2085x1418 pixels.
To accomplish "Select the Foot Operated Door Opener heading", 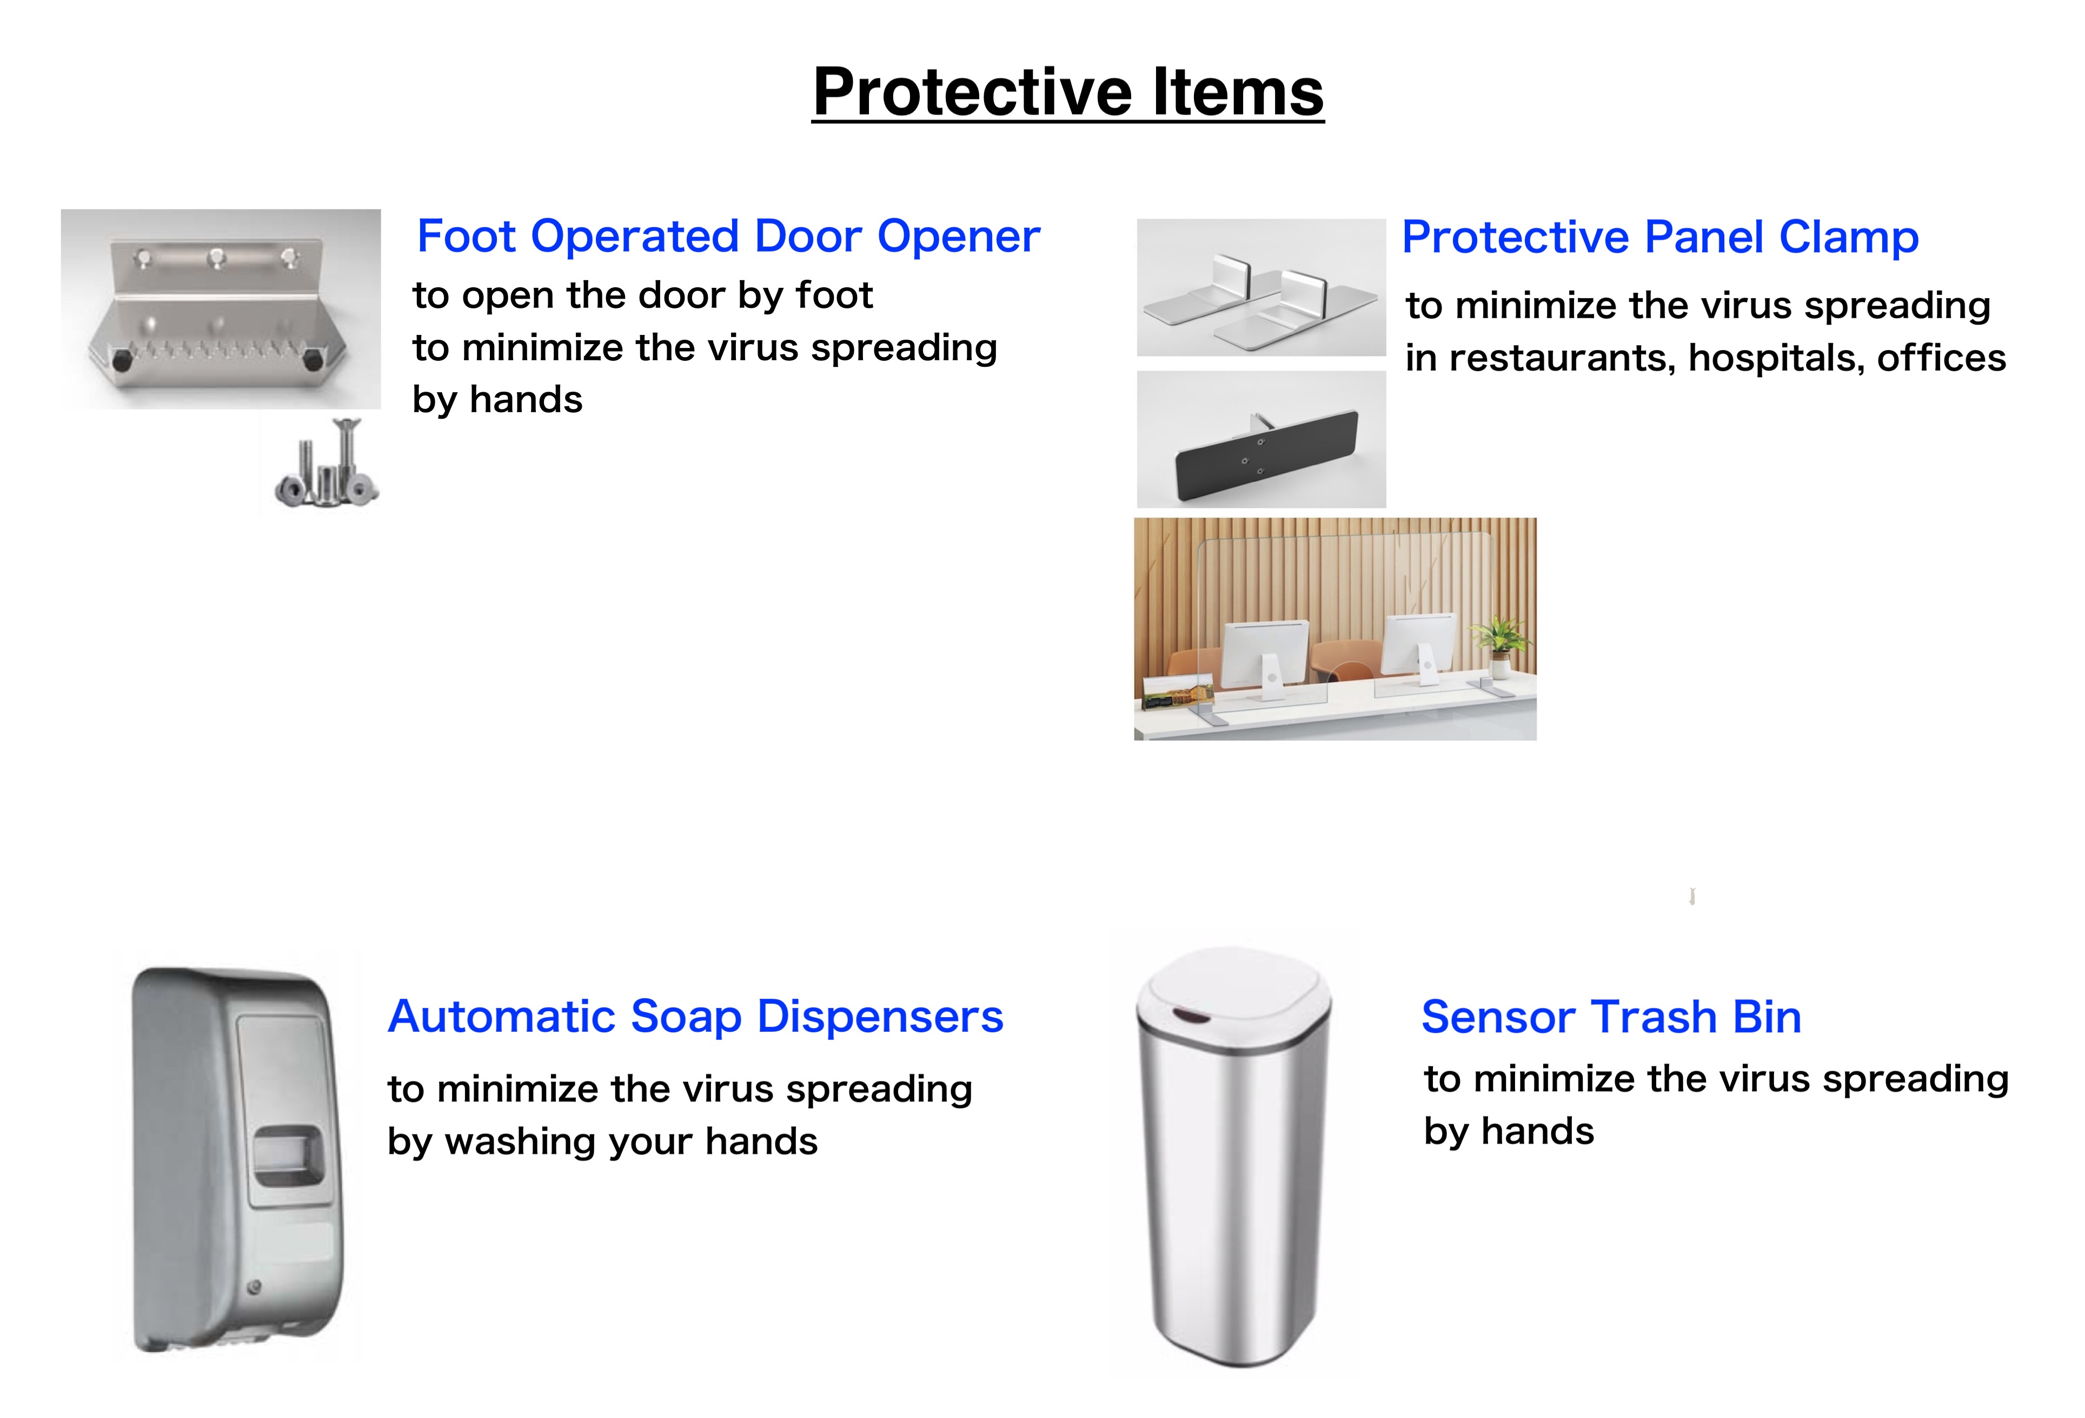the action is (x=728, y=237).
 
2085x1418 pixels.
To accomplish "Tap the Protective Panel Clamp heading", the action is (x=1660, y=238).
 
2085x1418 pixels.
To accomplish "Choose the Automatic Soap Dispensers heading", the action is (x=695, y=1017).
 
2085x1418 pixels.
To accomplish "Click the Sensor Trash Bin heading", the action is (x=1611, y=1017).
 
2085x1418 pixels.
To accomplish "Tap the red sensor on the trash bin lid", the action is (x=1190, y=1017).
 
